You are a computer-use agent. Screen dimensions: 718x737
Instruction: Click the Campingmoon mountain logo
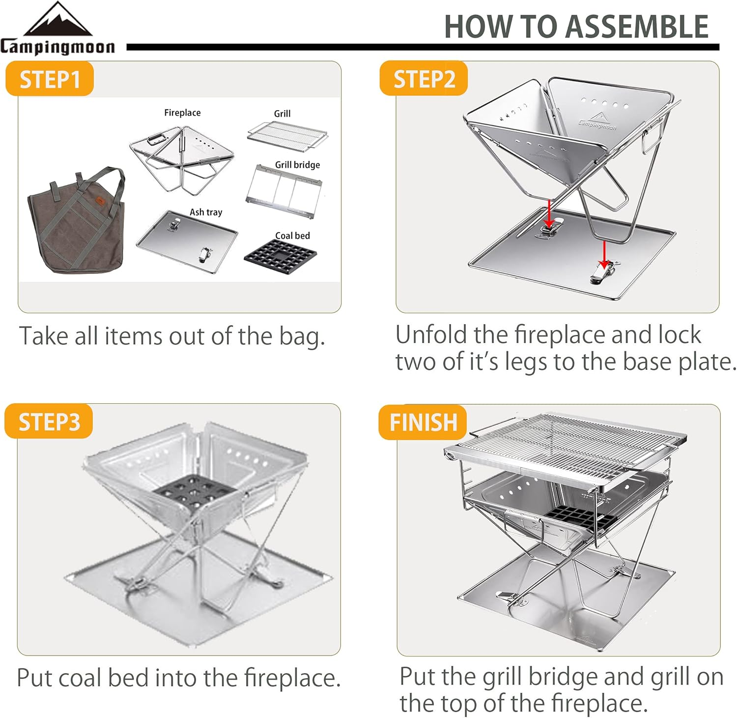[x=57, y=21]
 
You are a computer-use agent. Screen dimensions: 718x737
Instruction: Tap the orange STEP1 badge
[x=49, y=79]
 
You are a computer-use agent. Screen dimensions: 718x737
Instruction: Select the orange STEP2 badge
[x=424, y=79]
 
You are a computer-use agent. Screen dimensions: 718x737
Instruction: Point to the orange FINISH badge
[x=423, y=422]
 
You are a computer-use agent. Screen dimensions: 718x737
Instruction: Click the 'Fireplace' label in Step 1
[x=182, y=113]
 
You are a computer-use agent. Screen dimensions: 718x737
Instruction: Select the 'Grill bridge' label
[x=297, y=165]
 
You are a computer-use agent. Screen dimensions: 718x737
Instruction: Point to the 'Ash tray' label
[x=206, y=212]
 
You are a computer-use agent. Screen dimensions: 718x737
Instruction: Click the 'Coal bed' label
[x=292, y=236]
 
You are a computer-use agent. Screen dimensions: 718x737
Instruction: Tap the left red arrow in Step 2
[x=549, y=214]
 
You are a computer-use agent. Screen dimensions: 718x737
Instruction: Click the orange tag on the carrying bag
[x=101, y=201]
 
